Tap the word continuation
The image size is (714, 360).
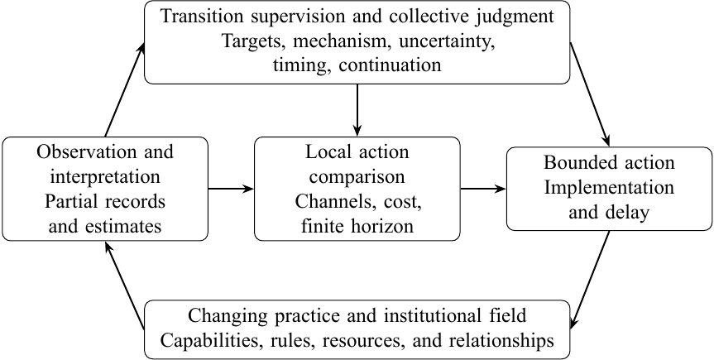391,65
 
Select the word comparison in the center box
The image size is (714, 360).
357,176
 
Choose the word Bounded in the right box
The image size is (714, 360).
577,162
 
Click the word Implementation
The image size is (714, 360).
609,187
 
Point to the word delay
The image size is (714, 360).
628,213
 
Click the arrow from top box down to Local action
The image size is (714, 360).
357,110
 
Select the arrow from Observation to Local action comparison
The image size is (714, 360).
231,189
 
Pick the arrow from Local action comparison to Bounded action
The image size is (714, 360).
483,189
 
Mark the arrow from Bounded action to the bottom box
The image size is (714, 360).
590,280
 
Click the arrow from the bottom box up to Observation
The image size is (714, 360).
125,286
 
